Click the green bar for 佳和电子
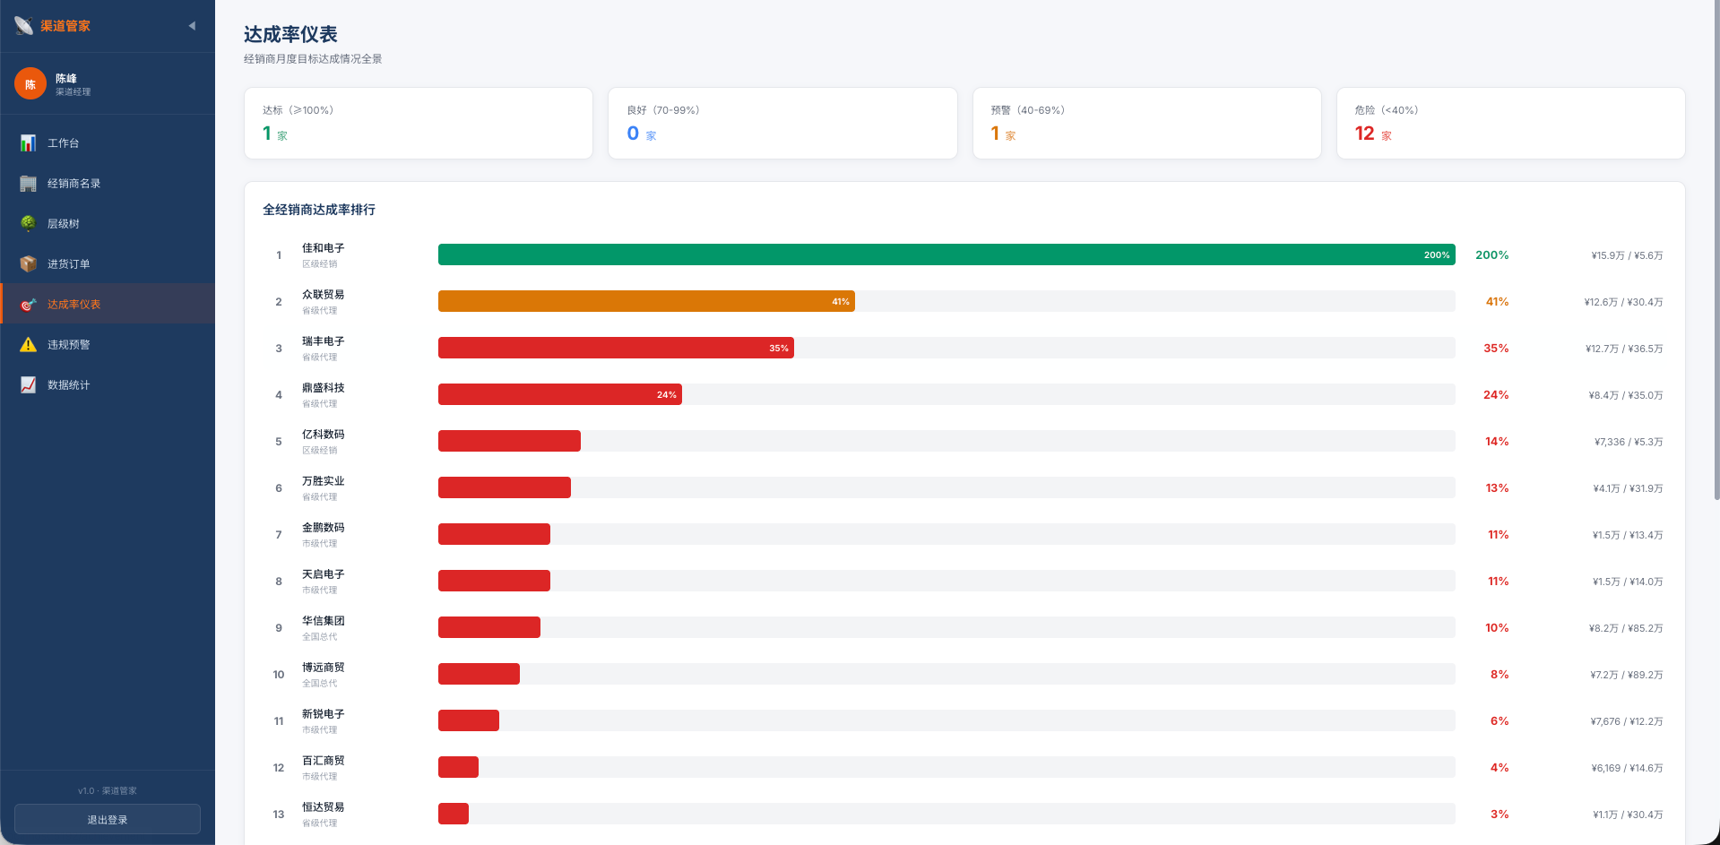click(946, 254)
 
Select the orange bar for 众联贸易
click(646, 301)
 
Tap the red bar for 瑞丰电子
click(616, 348)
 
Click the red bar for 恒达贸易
click(454, 814)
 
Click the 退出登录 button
click(108, 819)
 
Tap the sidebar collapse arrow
click(192, 26)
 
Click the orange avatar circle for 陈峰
click(30, 83)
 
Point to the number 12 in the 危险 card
click(1364, 134)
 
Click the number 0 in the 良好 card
click(633, 134)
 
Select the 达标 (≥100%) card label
click(298, 110)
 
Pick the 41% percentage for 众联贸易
click(1497, 302)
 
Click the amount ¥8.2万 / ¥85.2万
click(1626, 628)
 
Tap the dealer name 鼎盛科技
click(323, 387)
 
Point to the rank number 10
click(279, 675)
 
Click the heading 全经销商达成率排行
click(319, 210)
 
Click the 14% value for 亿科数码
click(1497, 442)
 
